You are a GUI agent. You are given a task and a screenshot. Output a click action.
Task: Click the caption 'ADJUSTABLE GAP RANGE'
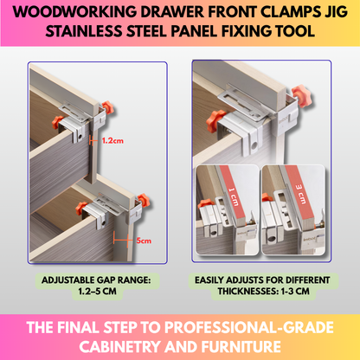pos(94,280)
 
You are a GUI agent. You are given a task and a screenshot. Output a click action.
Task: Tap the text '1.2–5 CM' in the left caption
pos(94,292)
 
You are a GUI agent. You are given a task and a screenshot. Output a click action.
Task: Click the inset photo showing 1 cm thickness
pos(226,203)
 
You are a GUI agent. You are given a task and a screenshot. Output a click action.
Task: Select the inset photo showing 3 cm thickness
pos(295,203)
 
